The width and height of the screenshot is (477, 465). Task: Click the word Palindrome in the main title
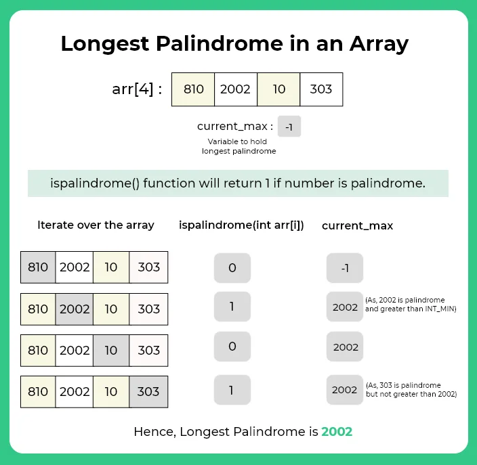(229, 44)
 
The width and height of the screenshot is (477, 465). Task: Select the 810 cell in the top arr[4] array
(193, 89)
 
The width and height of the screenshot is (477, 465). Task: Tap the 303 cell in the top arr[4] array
(321, 89)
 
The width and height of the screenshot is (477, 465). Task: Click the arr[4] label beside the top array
(137, 89)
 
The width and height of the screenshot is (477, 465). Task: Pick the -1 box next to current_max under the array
(289, 127)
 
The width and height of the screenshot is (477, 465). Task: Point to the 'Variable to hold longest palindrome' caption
(238, 146)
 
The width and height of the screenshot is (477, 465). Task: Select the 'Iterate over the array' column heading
(96, 225)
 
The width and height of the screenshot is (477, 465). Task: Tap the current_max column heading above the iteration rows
(357, 225)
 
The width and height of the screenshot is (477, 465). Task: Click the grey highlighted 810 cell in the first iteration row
(38, 267)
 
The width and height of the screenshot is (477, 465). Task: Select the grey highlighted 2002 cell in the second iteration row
(75, 309)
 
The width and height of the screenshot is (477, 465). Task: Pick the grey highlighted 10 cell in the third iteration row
(111, 350)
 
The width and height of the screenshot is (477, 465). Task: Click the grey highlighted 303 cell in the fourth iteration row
(148, 391)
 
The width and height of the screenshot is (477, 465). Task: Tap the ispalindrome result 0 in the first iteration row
(232, 268)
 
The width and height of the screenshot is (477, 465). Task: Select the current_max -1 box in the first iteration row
(345, 268)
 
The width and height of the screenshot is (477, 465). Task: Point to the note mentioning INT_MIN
(409, 303)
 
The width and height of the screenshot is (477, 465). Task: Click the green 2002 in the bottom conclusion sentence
(337, 431)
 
